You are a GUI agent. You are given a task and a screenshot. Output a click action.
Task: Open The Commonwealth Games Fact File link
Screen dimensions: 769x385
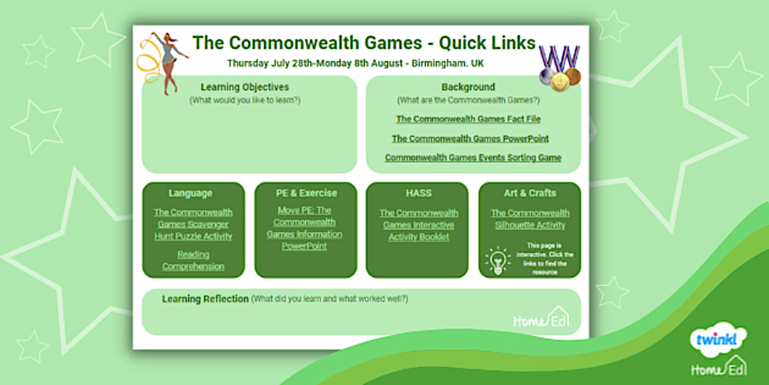coord(468,119)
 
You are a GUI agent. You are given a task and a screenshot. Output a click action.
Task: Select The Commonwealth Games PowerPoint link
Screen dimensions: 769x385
coord(470,139)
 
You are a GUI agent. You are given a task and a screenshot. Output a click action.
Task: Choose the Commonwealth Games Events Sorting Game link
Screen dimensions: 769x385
coord(473,158)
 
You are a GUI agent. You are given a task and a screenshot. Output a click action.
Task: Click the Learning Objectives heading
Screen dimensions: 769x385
coord(245,87)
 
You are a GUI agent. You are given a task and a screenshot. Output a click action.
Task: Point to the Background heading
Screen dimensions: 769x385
coord(468,87)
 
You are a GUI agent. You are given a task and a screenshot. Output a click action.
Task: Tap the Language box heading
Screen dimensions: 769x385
coord(190,193)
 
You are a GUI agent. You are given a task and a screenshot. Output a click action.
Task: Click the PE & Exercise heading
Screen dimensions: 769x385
coord(306,193)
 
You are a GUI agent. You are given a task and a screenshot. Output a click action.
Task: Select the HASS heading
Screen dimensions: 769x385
coord(419,193)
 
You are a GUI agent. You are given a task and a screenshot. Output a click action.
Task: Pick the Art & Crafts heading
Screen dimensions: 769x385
coord(530,193)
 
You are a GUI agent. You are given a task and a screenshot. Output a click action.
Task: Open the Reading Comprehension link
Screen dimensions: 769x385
coord(193,260)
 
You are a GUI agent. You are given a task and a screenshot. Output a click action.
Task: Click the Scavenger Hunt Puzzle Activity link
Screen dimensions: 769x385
coord(193,224)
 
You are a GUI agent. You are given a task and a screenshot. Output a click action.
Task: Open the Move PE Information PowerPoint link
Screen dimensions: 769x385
coord(305,229)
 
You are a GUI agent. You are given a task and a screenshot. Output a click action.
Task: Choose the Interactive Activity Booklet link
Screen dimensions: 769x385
coord(419,225)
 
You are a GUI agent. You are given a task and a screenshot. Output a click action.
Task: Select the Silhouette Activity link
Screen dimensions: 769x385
coord(530,219)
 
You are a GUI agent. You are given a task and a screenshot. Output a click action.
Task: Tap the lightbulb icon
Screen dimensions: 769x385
coord(498,260)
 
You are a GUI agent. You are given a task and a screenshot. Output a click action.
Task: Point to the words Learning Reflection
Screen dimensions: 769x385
coord(205,299)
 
